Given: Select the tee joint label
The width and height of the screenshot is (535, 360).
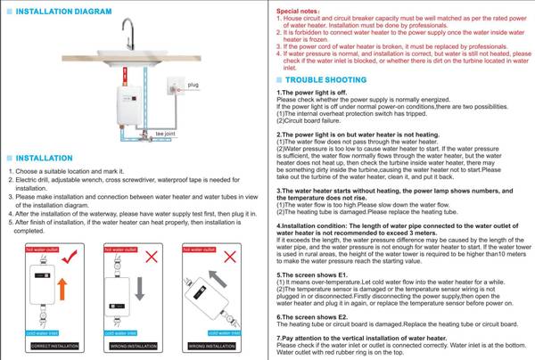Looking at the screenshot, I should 166,134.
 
